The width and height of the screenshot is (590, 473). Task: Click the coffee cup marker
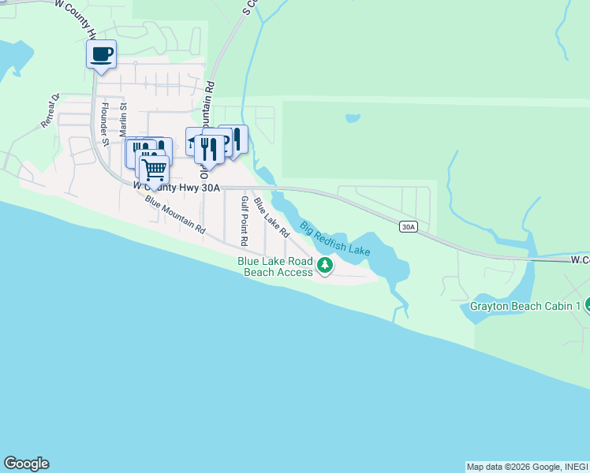pyautogui.click(x=101, y=54)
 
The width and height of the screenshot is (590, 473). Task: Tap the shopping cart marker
pyautogui.click(x=155, y=168)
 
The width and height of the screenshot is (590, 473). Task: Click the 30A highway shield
pyautogui.click(x=407, y=227)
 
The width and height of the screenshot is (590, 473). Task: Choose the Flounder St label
pyautogui.click(x=103, y=118)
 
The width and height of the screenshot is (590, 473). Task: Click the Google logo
pyautogui.click(x=26, y=464)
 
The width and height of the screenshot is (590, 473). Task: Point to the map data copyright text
pyautogui.click(x=527, y=467)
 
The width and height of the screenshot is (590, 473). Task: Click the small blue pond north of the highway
pyautogui.click(x=353, y=119)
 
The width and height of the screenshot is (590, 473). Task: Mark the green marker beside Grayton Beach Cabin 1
pyautogui.click(x=586, y=305)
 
